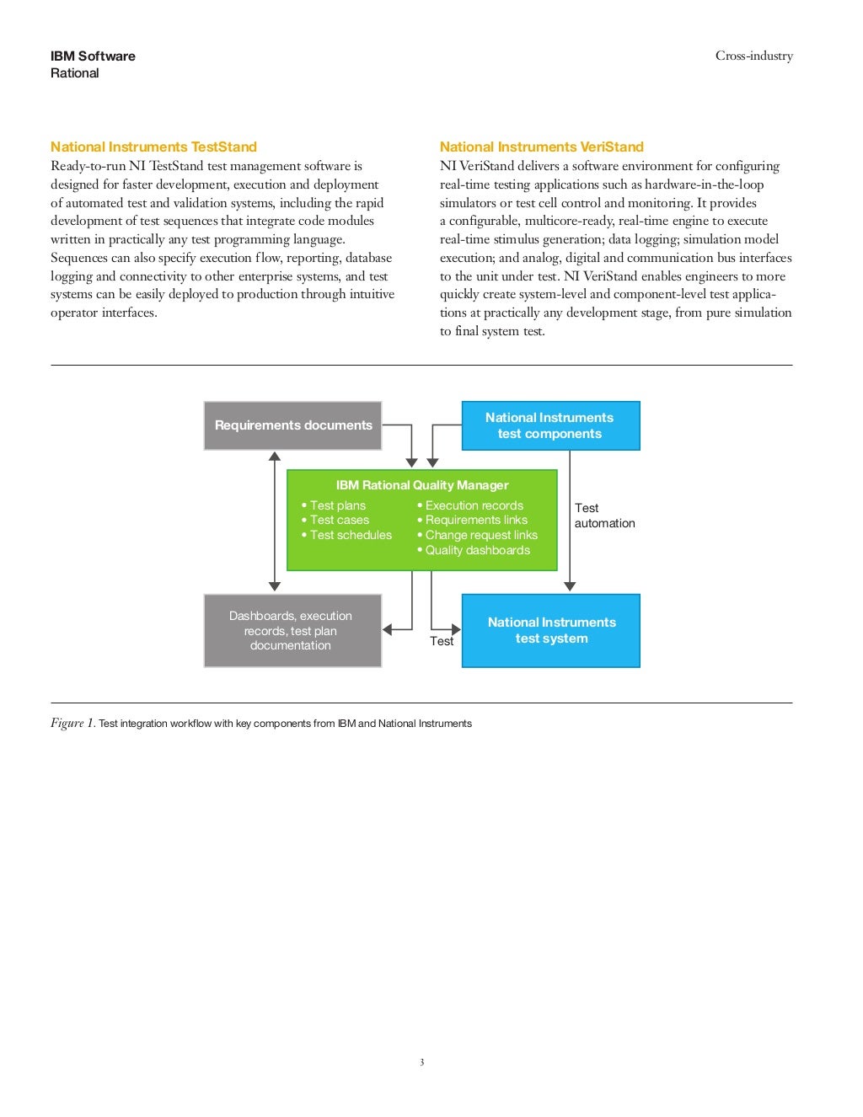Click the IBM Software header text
point(93,56)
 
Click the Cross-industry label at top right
point(753,56)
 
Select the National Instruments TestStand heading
point(153,147)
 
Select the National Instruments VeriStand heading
point(541,147)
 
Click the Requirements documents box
point(292,425)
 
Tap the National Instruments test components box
point(550,425)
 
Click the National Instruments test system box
point(551,630)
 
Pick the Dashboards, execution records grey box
point(292,630)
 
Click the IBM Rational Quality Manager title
point(421,485)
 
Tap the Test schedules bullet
point(350,535)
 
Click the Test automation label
point(603,516)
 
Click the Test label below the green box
point(442,641)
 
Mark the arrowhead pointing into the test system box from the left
point(456,629)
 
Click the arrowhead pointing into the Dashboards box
point(388,629)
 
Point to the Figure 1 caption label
point(72,723)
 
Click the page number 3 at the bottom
point(421,1062)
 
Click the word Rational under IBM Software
point(74,73)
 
